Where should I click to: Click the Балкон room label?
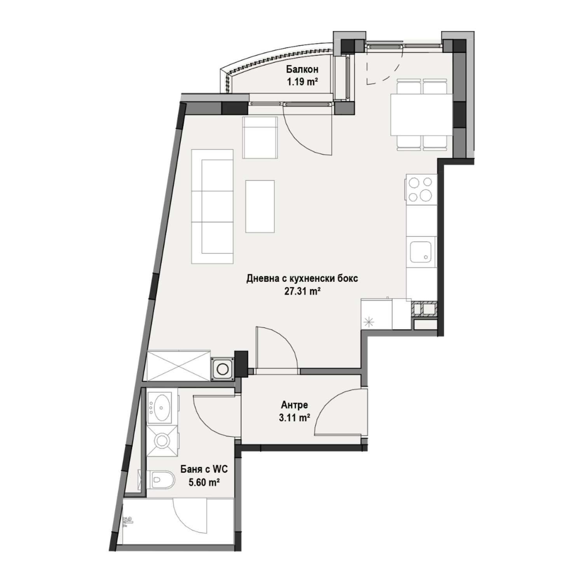point(302,70)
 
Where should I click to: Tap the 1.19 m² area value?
point(302,82)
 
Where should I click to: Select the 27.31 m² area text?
point(302,292)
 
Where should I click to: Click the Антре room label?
point(295,405)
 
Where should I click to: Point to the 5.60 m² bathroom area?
point(204,482)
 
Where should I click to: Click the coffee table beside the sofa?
point(260,206)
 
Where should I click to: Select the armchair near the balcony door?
point(260,138)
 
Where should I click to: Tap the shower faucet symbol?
point(128,520)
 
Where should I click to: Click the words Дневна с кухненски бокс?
point(302,279)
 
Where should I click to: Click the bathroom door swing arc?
point(216,416)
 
